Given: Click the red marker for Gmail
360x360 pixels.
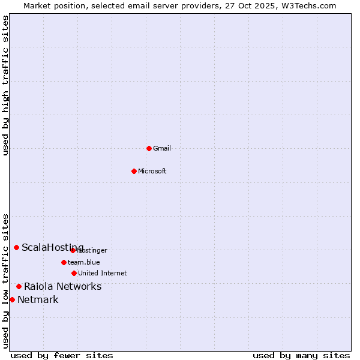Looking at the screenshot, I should point(149,148).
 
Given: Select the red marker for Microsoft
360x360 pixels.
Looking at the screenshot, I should point(134,171).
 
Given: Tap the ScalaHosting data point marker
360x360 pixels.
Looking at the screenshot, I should point(16,247).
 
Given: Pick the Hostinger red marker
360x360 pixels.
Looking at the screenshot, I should point(73,250).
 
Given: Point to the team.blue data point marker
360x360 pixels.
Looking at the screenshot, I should point(64,262).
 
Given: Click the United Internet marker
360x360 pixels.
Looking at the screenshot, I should point(74,273).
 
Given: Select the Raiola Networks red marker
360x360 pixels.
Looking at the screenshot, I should point(19,286).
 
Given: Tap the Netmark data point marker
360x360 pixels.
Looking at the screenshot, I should point(12,299).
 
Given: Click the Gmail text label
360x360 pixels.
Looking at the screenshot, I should point(162,148).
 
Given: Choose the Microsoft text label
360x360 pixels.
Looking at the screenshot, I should point(152,171).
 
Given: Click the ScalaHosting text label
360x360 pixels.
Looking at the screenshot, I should point(53,248).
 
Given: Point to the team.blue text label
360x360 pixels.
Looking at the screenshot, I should point(84,262).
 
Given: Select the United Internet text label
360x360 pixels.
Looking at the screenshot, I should point(103,273).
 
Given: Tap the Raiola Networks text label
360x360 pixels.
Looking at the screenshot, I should point(63,286).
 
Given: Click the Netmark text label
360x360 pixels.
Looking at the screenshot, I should point(38,300).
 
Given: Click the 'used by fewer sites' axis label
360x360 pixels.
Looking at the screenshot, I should point(62,355).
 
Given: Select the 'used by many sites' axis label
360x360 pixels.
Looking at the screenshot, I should point(301,355).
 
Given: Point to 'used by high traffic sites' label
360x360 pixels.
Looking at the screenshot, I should point(6,85).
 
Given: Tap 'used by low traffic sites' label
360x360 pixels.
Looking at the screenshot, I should point(6,281).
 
